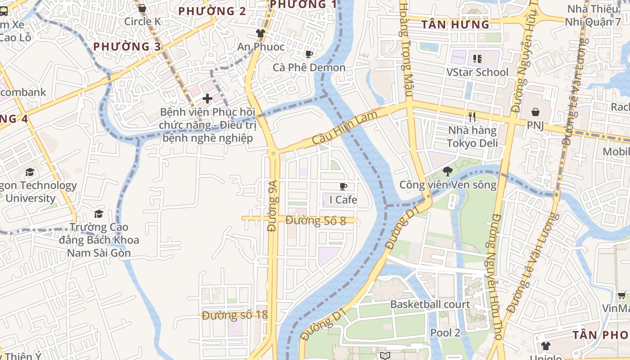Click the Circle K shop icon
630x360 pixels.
[x=142, y=8]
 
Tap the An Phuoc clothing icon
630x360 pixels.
[x=260, y=33]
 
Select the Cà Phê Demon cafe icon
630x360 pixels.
[x=309, y=54]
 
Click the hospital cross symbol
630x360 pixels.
[x=207, y=98]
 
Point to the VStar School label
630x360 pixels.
[x=477, y=72]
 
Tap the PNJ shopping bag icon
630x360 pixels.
[x=535, y=112]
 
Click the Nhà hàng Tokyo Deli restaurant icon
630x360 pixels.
[x=472, y=117]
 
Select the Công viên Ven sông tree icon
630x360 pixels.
[x=447, y=171]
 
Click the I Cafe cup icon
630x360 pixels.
[x=343, y=186]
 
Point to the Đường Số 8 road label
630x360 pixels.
[x=315, y=220]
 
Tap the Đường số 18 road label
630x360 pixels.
[x=235, y=315]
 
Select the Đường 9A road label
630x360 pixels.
[x=271, y=207]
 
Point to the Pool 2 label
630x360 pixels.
[x=445, y=333]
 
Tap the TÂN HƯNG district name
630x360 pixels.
[x=455, y=25]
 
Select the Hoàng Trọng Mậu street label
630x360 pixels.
[x=405, y=49]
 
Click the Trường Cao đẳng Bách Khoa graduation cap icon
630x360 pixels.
[x=99, y=214]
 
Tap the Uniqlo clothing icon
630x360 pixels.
[x=545, y=346]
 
